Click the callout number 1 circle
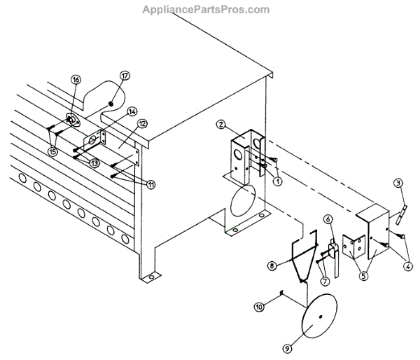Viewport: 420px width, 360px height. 278,181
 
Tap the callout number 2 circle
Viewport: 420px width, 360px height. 220,125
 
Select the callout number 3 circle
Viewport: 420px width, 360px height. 398,184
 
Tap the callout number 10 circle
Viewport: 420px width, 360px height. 323,282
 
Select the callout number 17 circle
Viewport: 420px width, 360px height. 148,184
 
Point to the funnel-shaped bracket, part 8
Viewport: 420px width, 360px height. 302,259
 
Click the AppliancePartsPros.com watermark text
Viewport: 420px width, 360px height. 205,10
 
